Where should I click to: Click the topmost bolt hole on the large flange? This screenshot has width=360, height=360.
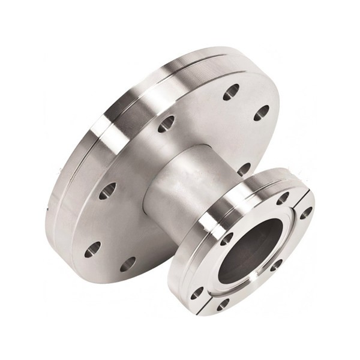[231, 92]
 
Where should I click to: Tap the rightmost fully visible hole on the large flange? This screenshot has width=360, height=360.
[262, 113]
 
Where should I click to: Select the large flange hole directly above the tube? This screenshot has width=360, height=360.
[166, 124]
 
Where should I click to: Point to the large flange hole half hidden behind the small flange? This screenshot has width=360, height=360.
[244, 169]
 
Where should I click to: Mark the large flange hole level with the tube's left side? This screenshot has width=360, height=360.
[107, 191]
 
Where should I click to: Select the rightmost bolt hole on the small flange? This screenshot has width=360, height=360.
[306, 212]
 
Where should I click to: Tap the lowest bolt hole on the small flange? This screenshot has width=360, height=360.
[223, 304]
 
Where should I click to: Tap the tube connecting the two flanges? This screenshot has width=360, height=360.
[180, 180]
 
